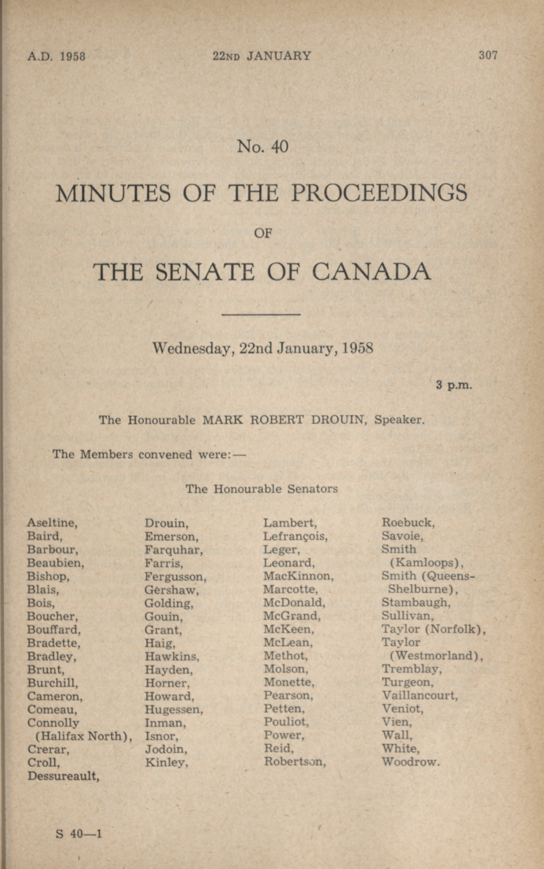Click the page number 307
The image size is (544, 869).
488,55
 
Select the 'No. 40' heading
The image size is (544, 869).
263,146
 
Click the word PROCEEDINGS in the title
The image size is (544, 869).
379,193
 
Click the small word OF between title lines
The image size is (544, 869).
263,234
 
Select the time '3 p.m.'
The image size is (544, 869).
454,385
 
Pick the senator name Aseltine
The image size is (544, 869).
52,523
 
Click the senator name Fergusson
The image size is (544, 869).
175,577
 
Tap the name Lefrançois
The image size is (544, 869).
295,536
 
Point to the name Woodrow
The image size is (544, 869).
410,762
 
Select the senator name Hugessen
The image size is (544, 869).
174,709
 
